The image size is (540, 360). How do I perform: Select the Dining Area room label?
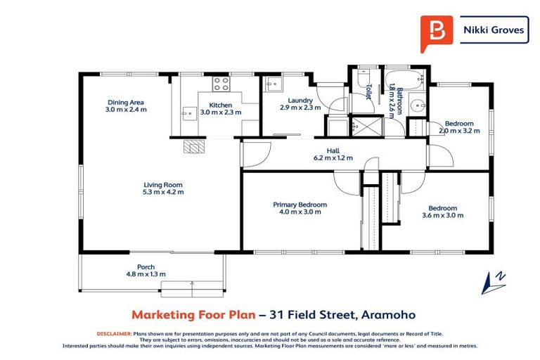tap(126, 102)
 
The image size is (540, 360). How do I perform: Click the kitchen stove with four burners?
tap(221, 85)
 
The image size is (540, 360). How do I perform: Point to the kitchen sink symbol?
tap(188, 112)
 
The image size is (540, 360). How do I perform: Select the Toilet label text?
tap(368, 92)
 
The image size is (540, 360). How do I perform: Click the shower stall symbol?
tap(364, 127)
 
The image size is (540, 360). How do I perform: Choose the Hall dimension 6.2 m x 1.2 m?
tap(333, 157)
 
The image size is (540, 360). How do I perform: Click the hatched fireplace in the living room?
tap(193, 146)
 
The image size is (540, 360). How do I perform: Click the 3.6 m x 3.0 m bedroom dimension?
tap(443, 215)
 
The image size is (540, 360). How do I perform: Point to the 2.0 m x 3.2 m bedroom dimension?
tap(459, 130)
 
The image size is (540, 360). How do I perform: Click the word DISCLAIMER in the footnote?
tap(112, 333)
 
